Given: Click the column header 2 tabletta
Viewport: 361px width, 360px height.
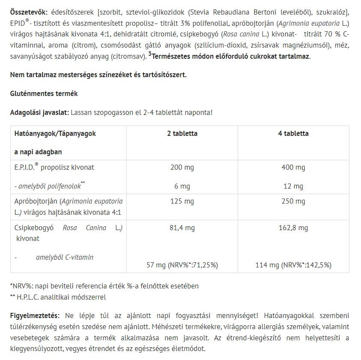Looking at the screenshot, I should (x=182, y=133).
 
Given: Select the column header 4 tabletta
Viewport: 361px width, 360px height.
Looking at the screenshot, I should (x=293, y=133).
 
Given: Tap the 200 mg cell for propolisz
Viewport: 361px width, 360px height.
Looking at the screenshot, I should (x=182, y=167).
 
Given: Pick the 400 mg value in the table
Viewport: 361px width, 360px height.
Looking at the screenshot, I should (x=293, y=167).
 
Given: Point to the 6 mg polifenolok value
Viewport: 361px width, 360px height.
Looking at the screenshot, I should (x=182, y=186).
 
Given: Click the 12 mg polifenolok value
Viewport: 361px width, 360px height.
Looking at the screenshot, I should (x=293, y=186).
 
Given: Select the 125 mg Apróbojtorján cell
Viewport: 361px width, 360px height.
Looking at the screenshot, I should (x=182, y=201).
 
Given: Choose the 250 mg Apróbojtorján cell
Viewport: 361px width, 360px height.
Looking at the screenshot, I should (x=293, y=201).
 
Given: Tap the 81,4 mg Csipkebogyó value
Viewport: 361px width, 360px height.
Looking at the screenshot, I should (x=182, y=228).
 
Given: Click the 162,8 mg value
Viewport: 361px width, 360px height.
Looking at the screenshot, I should (x=293, y=228).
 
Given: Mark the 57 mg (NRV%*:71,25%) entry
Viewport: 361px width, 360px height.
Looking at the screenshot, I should (x=182, y=265).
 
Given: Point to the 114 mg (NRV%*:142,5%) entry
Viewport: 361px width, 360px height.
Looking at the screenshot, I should (x=293, y=265).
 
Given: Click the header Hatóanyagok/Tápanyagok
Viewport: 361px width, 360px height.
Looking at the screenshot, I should (x=55, y=133).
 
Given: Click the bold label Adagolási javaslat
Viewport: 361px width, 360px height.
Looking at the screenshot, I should (x=39, y=112).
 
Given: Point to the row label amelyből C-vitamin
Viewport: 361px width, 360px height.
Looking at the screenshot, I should (x=65, y=257).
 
